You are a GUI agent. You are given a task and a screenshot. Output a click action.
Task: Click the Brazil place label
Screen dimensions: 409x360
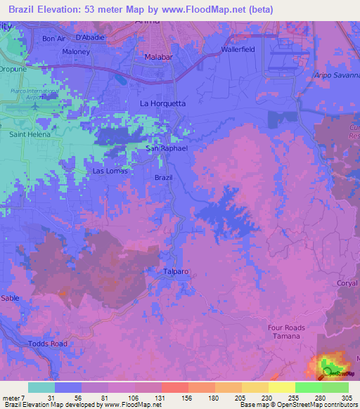click(163, 178)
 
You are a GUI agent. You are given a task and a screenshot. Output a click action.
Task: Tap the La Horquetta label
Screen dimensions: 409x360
click(163, 103)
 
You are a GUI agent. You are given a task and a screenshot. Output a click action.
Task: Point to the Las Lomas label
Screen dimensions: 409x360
click(108, 171)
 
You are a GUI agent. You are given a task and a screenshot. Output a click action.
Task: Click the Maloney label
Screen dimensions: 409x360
click(76, 51)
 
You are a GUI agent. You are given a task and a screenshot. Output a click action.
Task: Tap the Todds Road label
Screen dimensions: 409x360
click(48, 343)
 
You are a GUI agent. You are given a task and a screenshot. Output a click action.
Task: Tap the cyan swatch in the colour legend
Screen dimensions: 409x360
click(41, 387)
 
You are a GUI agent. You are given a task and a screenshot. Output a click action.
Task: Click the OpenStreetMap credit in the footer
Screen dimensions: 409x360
click(306, 405)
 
